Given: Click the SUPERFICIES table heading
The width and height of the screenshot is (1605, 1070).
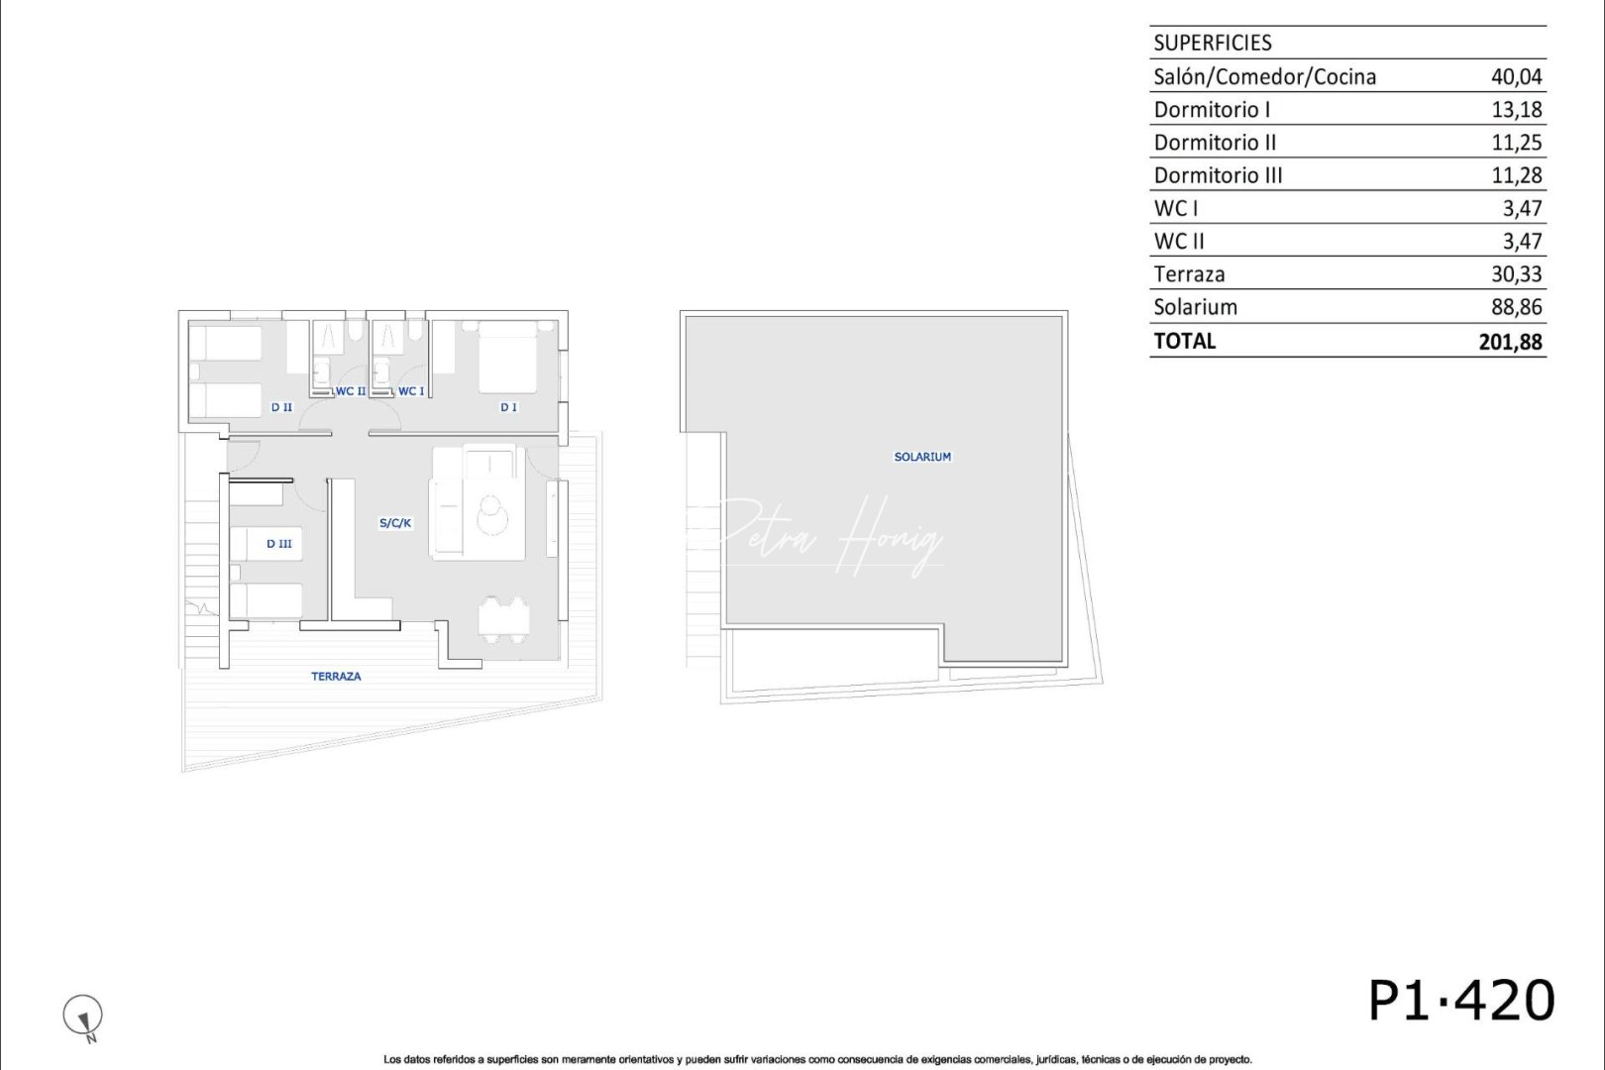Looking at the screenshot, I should click(x=1213, y=43).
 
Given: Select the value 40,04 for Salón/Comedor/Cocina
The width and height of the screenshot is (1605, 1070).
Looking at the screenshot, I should click(x=1516, y=76).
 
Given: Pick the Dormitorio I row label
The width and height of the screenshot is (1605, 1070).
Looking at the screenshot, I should click(x=1212, y=109).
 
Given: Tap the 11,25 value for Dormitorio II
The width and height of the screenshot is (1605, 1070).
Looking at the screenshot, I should click(x=1516, y=143).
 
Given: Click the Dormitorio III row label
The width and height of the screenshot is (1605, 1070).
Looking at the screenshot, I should click(x=1218, y=175).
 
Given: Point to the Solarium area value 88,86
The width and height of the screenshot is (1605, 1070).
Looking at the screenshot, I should click(x=1516, y=307).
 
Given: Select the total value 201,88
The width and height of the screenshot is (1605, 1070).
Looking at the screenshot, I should click(x=1510, y=342).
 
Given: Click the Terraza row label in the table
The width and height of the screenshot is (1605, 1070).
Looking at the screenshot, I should click(x=1189, y=274).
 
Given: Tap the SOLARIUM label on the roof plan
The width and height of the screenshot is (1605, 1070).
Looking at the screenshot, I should click(x=922, y=457).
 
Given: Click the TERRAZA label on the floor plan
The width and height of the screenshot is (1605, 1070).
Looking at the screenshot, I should click(x=336, y=677).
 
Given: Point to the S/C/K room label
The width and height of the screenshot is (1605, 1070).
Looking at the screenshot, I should click(x=395, y=523).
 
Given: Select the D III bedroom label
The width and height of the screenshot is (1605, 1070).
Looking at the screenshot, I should click(x=279, y=544).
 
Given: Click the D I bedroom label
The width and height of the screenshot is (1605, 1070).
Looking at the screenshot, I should click(x=508, y=407).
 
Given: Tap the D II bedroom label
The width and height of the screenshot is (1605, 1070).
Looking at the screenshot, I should click(x=282, y=407).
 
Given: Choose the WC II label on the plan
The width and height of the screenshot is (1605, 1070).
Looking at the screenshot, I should click(x=351, y=391).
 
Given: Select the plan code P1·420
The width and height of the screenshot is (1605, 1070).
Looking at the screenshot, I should click(x=1460, y=1001).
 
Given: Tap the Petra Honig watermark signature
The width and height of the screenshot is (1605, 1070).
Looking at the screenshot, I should click(x=832, y=536).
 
